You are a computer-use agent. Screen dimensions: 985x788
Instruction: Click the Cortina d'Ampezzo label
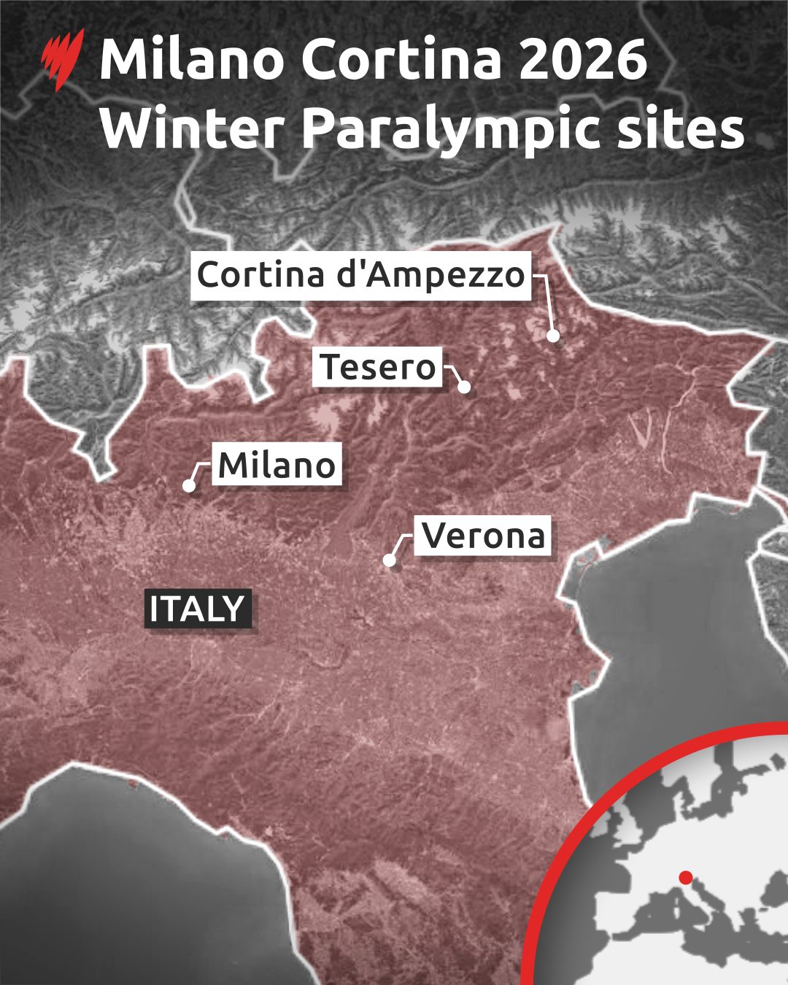pos(360,276)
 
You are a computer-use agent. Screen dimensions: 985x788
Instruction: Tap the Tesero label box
pos(378,367)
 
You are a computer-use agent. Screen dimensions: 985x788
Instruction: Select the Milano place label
pos(277,465)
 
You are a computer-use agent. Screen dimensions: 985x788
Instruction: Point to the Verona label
pos(483,536)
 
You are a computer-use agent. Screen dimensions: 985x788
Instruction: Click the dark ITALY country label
pos(198,609)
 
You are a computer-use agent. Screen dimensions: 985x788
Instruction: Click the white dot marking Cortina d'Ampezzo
pos(553,336)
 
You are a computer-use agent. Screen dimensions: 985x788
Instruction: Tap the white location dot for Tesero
pos(464,387)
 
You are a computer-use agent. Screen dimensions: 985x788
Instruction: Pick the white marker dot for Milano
pos(189,485)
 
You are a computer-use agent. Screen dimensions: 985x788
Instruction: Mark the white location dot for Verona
pos(390,560)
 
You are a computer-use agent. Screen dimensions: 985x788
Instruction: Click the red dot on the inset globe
pos(685,877)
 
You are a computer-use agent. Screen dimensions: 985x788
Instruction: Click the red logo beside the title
pos(63,58)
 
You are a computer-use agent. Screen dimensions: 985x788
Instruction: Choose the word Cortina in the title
pos(401,60)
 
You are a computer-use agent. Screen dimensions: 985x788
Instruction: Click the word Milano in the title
pos(192,60)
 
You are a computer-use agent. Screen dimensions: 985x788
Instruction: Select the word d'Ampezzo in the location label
pos(430,276)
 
